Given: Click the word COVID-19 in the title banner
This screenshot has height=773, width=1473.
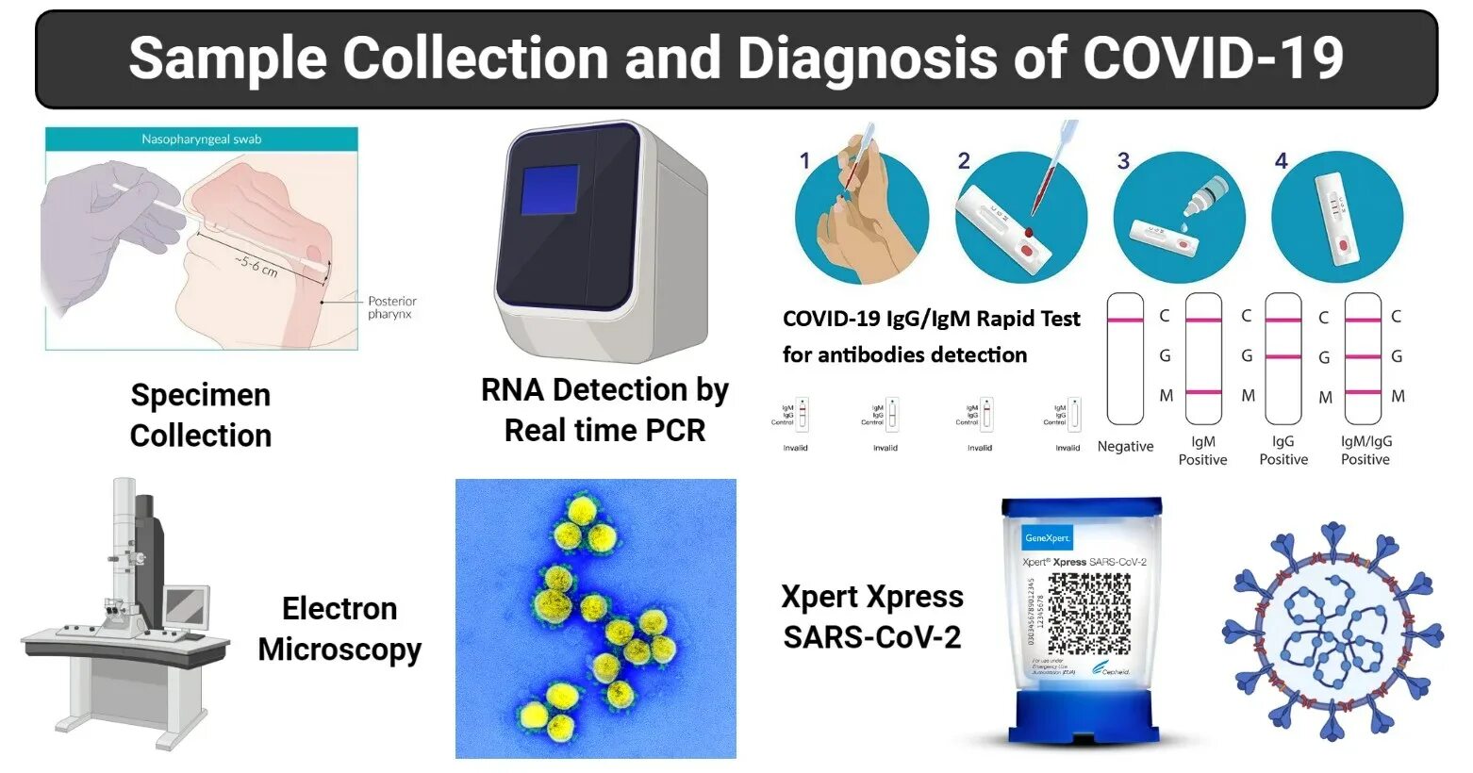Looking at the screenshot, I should click(1213, 58).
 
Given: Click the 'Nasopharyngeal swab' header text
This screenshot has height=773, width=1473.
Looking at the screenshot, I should click(202, 140).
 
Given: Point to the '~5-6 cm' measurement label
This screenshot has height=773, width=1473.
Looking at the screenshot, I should click(256, 265).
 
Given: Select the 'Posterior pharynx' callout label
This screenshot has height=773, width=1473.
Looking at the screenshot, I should click(391, 307).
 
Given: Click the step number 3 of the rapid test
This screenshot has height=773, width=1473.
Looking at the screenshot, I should click(1123, 161).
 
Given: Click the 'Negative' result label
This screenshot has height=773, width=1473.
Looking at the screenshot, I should click(1125, 447).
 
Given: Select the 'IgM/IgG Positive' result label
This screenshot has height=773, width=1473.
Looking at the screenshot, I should click(1365, 451).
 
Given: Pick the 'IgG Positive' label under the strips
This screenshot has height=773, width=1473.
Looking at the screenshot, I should click(1283, 451).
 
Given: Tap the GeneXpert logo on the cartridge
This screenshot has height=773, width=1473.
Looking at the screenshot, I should click(1047, 538).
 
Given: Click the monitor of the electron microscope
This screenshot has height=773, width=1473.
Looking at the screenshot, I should click(186, 606).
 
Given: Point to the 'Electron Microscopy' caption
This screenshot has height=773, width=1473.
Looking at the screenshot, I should click(339, 629).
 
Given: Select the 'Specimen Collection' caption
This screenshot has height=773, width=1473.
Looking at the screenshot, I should click(201, 415).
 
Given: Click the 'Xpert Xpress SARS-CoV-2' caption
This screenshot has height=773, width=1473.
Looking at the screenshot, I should click(872, 617).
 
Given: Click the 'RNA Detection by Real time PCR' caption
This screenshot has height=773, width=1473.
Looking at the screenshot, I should click(604, 409).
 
